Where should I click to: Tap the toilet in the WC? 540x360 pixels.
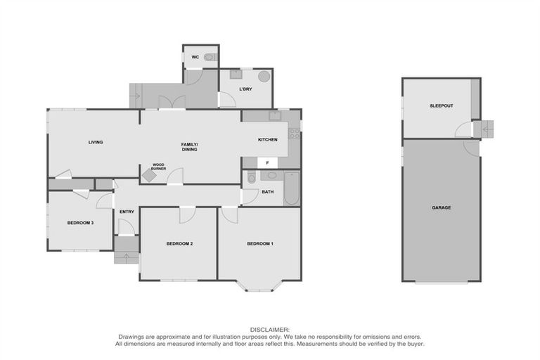[x=210, y=57]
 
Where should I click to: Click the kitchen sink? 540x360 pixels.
[x=274, y=116]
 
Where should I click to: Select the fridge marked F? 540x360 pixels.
[x=267, y=162]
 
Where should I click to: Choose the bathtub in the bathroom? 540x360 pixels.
[x=291, y=188]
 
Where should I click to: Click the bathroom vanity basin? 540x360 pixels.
[x=272, y=175]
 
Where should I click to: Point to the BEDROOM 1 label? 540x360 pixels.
[x=260, y=243]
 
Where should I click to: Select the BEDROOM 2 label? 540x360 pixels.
[x=179, y=243]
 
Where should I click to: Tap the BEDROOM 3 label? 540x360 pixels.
[x=80, y=222]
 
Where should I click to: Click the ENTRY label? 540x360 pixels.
[x=127, y=212]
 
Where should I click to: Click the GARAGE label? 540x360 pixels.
[x=441, y=207]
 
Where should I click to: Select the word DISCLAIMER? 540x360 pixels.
[x=270, y=329]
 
